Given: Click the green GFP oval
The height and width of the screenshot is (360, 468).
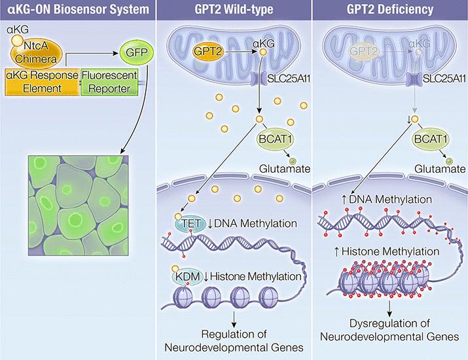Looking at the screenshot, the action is tap(137, 53).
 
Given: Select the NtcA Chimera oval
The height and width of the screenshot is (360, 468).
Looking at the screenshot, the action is tap(37, 53).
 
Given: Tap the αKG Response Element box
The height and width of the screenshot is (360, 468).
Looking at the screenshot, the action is tap(42, 82).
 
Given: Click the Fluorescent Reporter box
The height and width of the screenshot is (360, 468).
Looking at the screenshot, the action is tap(109, 82).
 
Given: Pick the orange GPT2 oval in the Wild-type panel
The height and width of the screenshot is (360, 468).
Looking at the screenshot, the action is tap(207, 52).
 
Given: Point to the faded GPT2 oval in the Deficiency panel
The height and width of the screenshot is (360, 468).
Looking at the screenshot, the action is tap(363, 51).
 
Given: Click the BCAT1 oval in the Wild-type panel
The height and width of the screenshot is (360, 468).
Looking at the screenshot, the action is tap(275, 139).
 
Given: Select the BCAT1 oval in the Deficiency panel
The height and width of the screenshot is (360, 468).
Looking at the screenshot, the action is tap(431, 139).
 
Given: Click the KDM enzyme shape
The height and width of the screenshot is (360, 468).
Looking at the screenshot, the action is tap(187, 277).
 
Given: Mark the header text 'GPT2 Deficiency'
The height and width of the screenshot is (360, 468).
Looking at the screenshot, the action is tap(390, 10).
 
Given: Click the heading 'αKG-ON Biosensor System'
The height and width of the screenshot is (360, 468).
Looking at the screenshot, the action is tap(78, 10).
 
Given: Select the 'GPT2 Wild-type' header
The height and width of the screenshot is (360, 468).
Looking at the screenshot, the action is tap(234, 10).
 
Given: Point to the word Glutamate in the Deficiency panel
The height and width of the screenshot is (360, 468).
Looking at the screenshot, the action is tap(440, 169).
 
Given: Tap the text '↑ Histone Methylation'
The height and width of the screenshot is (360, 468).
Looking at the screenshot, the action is tap(386, 251).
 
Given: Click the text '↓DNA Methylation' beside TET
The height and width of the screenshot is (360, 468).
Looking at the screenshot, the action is tap(252, 224).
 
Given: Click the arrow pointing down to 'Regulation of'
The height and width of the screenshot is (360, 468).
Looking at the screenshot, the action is tap(234, 319).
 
